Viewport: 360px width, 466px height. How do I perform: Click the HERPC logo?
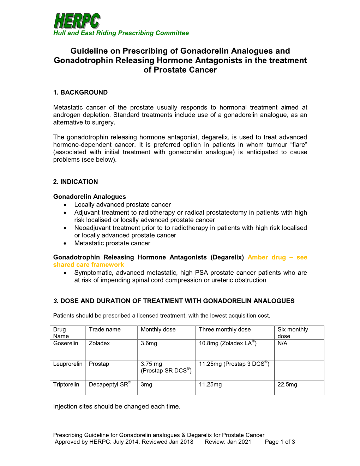(x=77, y=21)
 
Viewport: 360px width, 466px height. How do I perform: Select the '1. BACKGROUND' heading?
(x=80, y=92)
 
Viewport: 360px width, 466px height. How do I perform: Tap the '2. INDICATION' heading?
(x=76, y=182)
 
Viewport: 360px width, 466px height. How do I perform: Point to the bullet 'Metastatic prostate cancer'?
(x=112, y=243)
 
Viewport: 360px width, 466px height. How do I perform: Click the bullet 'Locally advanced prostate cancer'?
(x=122, y=205)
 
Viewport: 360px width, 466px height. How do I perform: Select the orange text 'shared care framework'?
(x=89, y=265)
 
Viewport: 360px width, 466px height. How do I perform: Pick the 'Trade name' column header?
(x=105, y=329)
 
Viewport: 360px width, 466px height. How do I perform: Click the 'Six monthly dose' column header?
(x=293, y=333)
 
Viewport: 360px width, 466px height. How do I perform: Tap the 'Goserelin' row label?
(x=66, y=343)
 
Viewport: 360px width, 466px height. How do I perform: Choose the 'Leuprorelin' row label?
(x=68, y=364)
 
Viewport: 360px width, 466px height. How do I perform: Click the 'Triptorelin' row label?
(x=66, y=384)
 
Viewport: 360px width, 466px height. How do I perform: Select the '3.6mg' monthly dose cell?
(x=149, y=343)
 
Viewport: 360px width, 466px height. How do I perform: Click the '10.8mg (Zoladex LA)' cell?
(x=228, y=343)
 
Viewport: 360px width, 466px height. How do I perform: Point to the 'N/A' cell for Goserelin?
(x=282, y=343)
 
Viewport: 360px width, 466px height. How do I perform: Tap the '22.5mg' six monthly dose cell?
(x=287, y=384)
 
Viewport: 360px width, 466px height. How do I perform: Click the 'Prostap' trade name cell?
(x=99, y=364)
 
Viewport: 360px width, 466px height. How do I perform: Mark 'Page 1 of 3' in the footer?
(x=280, y=442)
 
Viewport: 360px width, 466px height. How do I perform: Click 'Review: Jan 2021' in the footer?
(x=228, y=442)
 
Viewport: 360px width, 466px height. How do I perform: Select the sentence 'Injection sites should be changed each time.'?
(x=117, y=407)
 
